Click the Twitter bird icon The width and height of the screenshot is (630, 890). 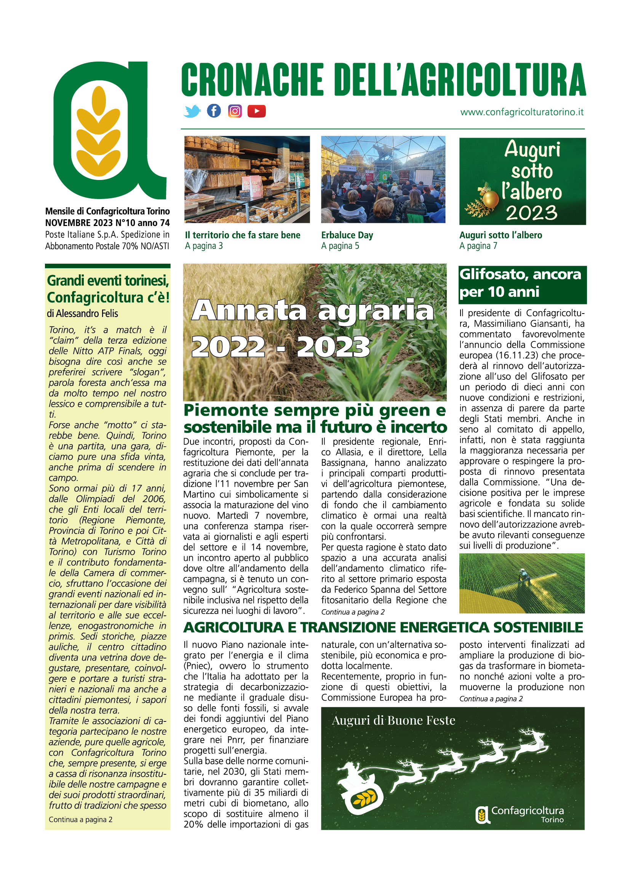pyautogui.click(x=192, y=111)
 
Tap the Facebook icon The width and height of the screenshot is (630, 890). pyautogui.click(x=214, y=111)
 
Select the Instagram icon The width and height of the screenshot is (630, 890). pyautogui.click(x=235, y=111)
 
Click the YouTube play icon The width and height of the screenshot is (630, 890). pyautogui.click(x=256, y=111)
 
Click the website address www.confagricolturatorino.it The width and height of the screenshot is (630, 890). pyautogui.click(x=522, y=112)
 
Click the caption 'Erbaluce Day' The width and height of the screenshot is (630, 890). pyautogui.click(x=347, y=235)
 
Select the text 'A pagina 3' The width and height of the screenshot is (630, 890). pyautogui.click(x=204, y=246)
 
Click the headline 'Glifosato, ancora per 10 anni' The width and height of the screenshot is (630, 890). pyautogui.click(x=520, y=283)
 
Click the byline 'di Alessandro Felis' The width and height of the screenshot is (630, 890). pyautogui.click(x=82, y=313)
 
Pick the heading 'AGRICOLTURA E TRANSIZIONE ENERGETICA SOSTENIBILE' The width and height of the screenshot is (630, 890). pyautogui.click(x=383, y=627)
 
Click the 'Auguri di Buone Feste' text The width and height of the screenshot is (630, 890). pyautogui.click(x=393, y=721)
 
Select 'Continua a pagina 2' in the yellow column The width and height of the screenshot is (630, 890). pyautogui.click(x=80, y=820)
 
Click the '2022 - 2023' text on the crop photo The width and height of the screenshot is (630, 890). pyautogui.click(x=280, y=346)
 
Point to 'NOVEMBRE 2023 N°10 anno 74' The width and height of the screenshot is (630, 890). pyautogui.click(x=107, y=223)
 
